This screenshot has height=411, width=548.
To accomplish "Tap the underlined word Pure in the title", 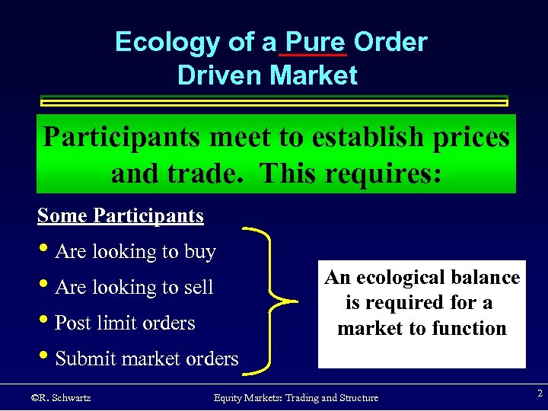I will coord(314,43).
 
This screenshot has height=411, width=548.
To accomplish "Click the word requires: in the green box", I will coord(387,174).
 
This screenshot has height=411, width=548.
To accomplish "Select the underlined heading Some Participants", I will coord(120,216).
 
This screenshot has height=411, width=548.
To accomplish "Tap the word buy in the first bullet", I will coord(199,252).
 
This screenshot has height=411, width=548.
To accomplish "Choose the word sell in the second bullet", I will coord(198,288).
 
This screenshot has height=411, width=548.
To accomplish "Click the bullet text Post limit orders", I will coord(125,323).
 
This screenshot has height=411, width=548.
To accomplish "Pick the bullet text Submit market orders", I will coord(146,358).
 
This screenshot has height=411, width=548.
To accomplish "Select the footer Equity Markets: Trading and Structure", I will coord(296,398).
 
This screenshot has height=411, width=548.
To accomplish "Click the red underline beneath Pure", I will coord(314,56).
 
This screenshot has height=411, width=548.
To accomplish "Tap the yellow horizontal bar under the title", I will coord(273,101).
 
